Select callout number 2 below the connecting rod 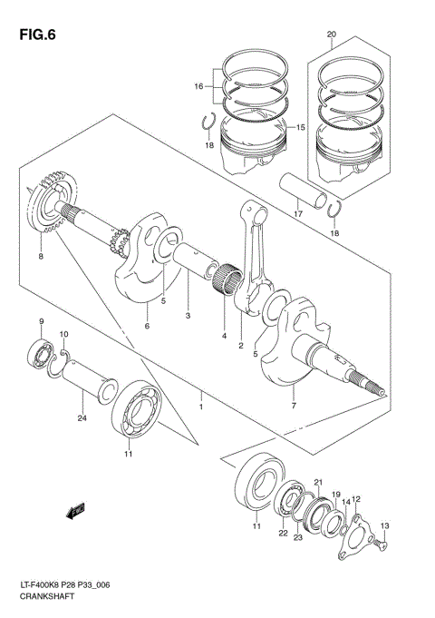241,346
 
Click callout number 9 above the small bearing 40,322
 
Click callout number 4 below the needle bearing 222,337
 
